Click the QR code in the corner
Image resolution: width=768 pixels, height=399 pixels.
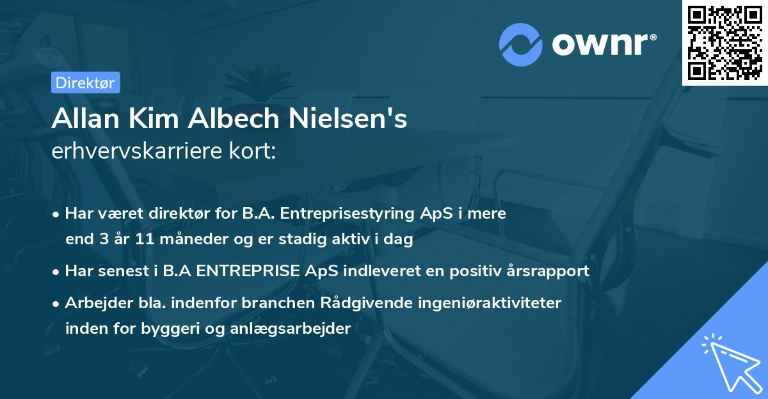click(724, 42)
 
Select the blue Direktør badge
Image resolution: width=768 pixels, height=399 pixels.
click(85, 82)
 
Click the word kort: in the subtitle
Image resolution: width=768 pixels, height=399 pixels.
click(254, 152)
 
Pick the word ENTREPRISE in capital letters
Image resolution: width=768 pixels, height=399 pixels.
click(248, 270)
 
